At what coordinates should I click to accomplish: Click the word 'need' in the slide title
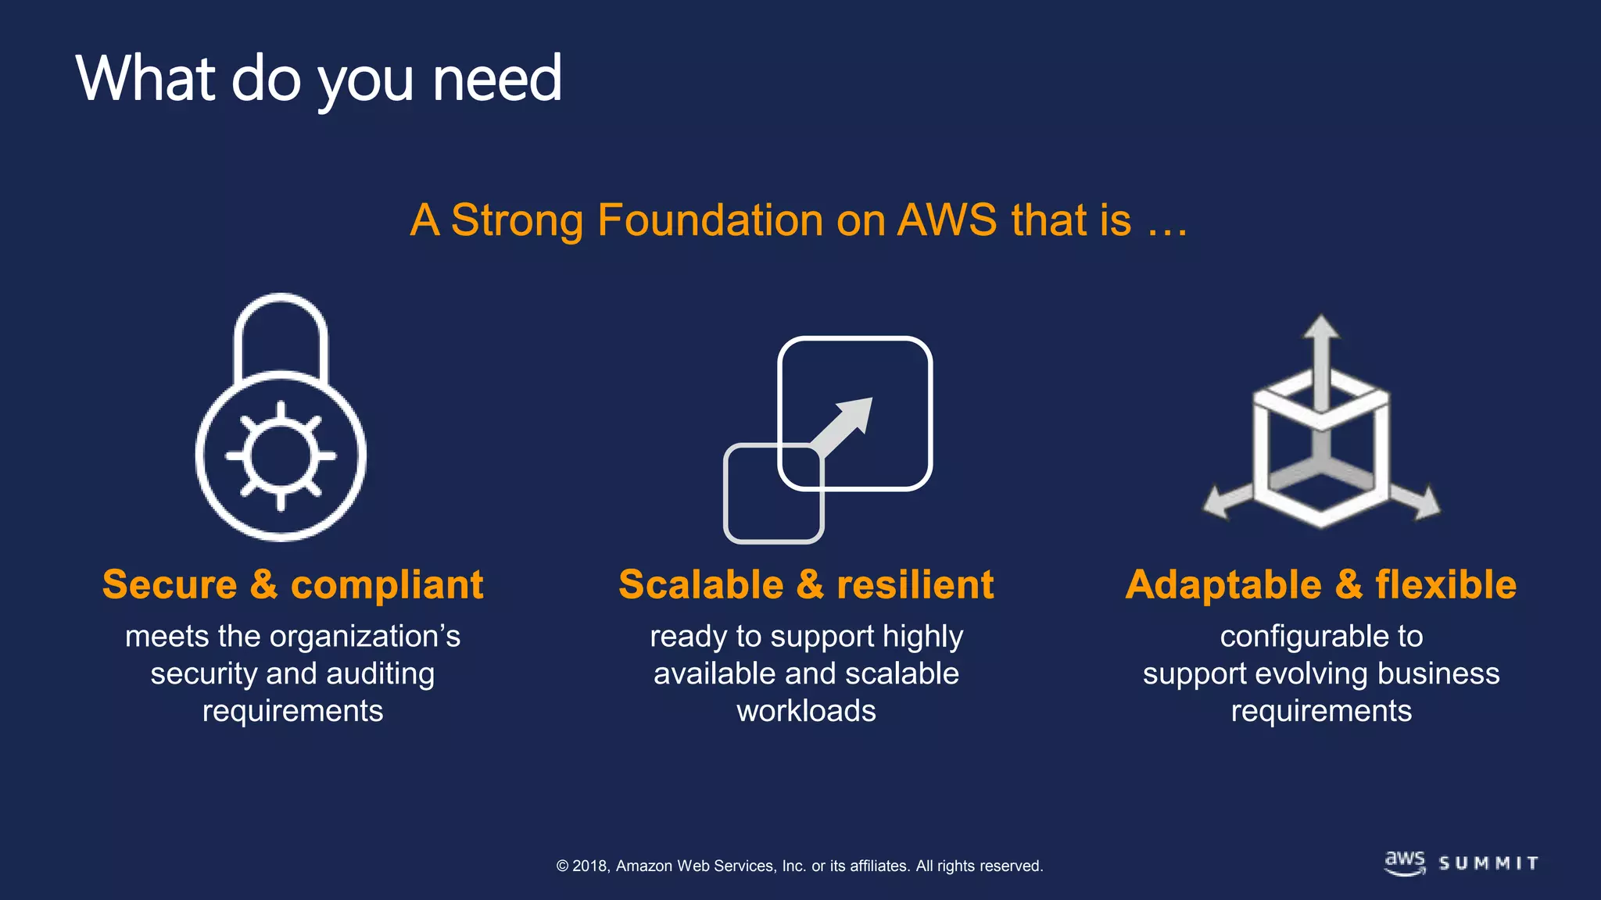pyautogui.click(x=496, y=80)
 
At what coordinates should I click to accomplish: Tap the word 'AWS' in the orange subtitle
pyautogui.click(x=947, y=220)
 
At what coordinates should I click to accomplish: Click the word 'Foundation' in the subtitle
pyautogui.click(x=710, y=220)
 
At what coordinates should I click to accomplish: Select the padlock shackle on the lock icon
pyautogui.click(x=281, y=328)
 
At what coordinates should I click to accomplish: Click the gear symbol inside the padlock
pyautogui.click(x=281, y=456)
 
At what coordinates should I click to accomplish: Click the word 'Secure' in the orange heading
pyautogui.click(x=170, y=585)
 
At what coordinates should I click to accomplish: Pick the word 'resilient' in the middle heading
pyautogui.click(x=915, y=585)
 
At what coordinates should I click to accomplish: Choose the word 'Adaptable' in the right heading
pyautogui.click(x=1223, y=585)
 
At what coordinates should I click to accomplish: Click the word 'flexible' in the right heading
pyautogui.click(x=1445, y=585)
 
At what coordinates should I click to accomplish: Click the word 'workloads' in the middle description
pyautogui.click(x=806, y=712)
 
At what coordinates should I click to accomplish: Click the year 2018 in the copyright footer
pyautogui.click(x=590, y=866)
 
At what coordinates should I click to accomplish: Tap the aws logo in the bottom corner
pyautogui.click(x=1405, y=862)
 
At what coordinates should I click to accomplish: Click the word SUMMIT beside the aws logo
pyautogui.click(x=1488, y=863)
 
